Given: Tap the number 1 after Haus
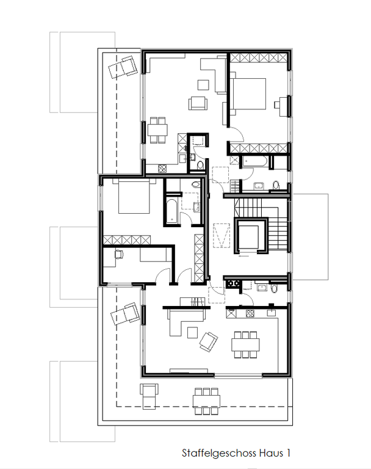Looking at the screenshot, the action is point(288,453).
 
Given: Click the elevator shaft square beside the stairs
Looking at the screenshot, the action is point(249,237).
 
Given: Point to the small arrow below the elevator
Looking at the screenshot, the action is point(244,256).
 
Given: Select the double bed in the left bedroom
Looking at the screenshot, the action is point(134,196).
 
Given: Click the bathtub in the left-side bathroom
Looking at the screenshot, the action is point(172,211).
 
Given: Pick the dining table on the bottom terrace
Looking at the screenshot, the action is point(206,401).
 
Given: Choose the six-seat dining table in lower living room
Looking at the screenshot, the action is point(245,344).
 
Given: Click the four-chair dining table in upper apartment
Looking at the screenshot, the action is point(157,130).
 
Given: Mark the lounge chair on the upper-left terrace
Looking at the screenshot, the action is point(123,67).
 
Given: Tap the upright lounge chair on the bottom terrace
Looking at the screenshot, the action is point(149,396).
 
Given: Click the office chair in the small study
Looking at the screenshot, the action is point(119,253).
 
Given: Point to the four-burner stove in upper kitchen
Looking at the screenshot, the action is point(162,169).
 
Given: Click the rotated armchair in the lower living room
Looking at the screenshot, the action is point(208,341).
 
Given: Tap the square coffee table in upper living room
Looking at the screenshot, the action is point(204,85).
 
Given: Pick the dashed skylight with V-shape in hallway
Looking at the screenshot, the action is point(222,235).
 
